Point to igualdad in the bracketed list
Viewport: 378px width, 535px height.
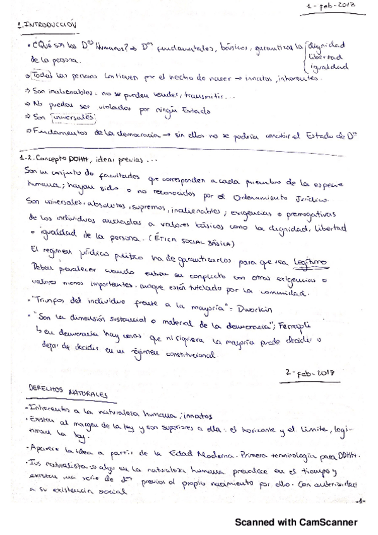pyautogui.click(x=327, y=66)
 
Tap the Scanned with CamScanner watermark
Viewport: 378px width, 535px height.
pyautogui.click(x=296, y=522)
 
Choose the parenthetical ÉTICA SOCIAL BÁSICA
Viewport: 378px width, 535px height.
pyautogui.click(x=195, y=244)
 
